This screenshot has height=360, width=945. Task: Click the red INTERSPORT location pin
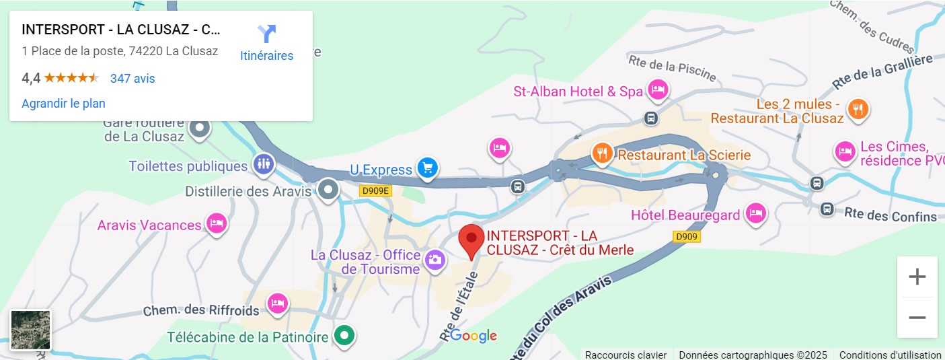(471, 240)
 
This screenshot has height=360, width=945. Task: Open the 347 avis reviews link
(133, 79)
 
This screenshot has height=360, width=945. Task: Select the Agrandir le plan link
(63, 104)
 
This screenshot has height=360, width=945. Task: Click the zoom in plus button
(917, 277)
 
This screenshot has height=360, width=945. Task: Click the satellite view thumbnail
(31, 330)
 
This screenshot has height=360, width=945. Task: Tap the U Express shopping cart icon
(426, 168)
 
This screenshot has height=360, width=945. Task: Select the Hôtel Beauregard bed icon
(756, 214)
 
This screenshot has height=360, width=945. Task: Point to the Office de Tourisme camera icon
(435, 258)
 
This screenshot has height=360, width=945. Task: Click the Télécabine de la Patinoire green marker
(345, 335)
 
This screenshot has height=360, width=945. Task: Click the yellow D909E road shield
(375, 190)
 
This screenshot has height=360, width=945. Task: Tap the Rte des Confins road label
(890, 216)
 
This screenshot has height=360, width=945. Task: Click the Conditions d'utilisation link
(890, 355)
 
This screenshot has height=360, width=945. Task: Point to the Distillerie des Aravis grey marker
(328, 190)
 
